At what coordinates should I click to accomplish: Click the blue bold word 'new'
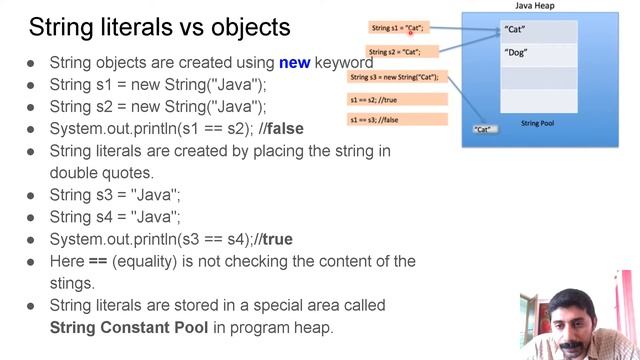[294, 62]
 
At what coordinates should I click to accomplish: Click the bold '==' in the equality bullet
[98, 261]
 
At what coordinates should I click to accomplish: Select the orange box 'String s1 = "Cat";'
[399, 28]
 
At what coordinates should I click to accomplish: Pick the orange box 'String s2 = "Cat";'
[394, 52]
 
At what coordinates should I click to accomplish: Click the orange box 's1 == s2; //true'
[397, 99]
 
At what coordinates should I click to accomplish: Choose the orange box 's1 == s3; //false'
[397, 120]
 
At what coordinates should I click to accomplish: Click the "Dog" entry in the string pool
[516, 52]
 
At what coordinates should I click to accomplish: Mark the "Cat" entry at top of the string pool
[515, 30]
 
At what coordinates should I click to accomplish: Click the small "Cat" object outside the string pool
[484, 129]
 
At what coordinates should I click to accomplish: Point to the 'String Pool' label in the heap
[538, 123]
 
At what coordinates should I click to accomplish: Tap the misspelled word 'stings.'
[72, 283]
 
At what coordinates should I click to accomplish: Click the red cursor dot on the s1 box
[411, 33]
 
